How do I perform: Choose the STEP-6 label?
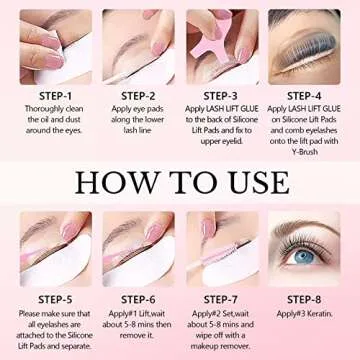(x=136, y=296)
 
